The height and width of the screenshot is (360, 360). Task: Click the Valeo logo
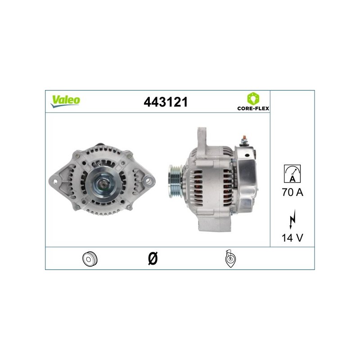click(65, 101)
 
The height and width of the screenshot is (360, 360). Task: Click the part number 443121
click(166, 102)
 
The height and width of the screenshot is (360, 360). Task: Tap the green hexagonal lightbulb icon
click(253, 99)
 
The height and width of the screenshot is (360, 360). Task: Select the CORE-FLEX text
click(253, 108)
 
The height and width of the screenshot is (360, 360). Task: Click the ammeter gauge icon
click(292, 174)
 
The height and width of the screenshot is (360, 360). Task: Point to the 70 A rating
click(292, 192)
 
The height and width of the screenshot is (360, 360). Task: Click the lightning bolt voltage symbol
click(292, 219)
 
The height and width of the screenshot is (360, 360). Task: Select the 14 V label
click(292, 238)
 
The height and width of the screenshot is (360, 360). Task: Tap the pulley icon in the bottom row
click(90, 259)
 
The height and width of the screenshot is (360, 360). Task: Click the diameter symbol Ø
click(153, 258)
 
